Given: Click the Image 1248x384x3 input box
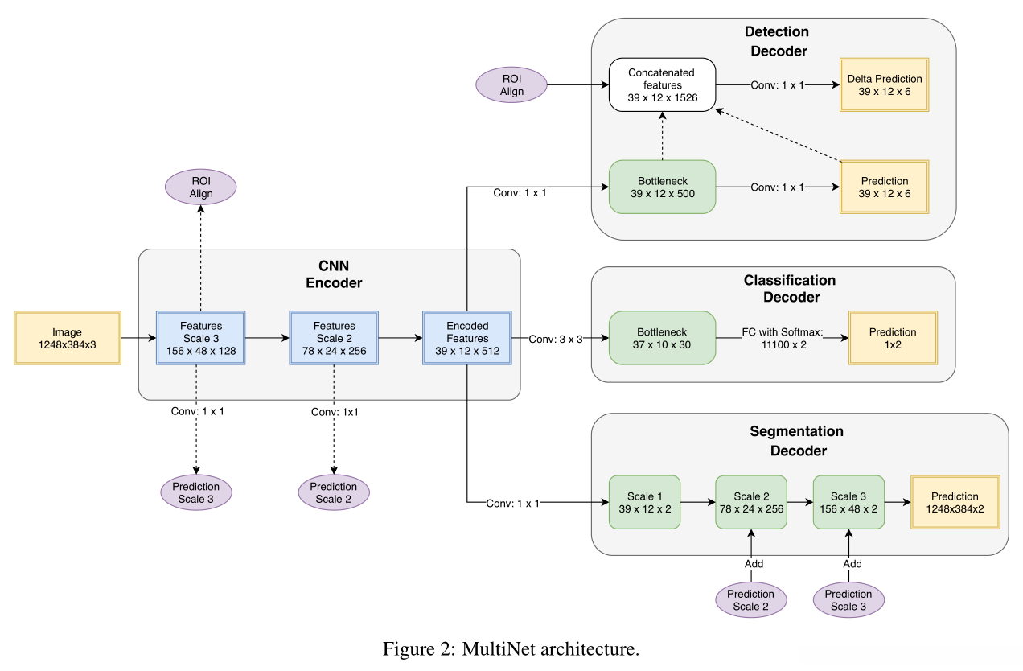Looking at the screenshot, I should tap(68, 339).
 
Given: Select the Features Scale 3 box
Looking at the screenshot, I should tap(201, 339).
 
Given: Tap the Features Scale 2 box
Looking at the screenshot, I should tap(334, 339).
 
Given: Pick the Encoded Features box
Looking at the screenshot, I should tap(467, 339).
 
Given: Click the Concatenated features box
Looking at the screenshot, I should tap(662, 84).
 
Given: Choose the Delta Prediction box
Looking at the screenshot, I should tap(885, 84).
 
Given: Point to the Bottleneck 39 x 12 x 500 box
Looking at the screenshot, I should tap(662, 187).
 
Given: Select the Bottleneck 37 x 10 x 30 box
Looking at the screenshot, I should tap(662, 339).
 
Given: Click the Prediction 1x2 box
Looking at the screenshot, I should tap(892, 339).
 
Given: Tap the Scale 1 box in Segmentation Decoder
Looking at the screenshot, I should tap(643, 502).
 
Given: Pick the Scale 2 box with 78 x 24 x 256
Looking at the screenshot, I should tap(751, 502).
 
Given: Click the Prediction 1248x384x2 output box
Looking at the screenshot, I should tap(955, 502).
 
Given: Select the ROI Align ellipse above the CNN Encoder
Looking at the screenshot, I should tap(201, 187).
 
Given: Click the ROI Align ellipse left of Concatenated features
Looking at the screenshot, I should tap(511, 85).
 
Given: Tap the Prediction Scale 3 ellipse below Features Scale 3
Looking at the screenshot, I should tap(196, 492).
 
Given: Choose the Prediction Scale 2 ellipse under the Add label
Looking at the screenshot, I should tap(750, 600).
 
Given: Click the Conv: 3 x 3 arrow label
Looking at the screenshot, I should tap(556, 339).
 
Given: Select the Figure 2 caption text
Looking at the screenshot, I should tap(511, 649).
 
